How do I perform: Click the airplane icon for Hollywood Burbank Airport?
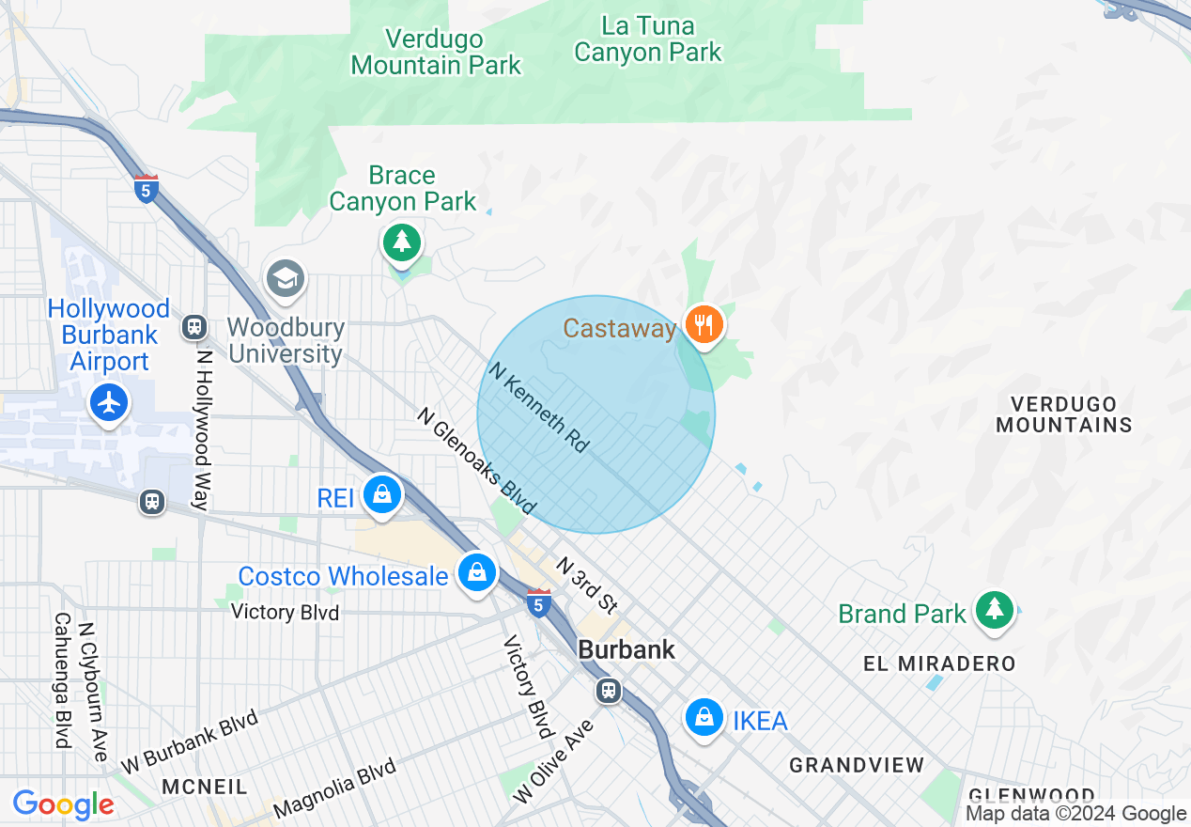110,403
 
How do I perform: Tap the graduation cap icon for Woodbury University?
286,278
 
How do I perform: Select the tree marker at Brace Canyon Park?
402,242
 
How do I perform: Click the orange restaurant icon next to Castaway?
703,325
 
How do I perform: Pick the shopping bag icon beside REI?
382,493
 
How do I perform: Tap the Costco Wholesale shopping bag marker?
476,571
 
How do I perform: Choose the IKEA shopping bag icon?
704,718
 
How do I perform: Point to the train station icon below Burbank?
609,691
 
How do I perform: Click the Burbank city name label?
626,649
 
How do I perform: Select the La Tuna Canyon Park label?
648,39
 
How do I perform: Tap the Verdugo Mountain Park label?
436,53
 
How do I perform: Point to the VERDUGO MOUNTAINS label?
1063,414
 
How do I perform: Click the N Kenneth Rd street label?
539,407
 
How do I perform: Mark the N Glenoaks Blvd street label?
477,460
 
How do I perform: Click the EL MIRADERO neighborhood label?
939,663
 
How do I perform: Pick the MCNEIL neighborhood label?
204,786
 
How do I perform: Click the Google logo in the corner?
64,804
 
